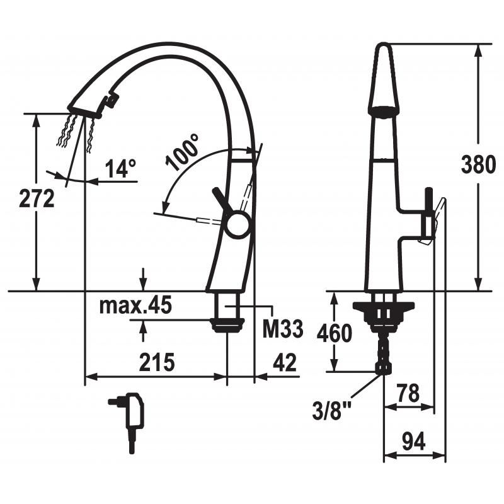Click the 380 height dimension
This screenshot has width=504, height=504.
pos(478,164)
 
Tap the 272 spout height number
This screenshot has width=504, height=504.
pos(37,198)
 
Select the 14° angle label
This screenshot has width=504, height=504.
pos(120,168)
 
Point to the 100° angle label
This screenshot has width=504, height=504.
pos(182,152)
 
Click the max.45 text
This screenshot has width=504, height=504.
pos(135,306)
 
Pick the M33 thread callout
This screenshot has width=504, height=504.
pos(283,328)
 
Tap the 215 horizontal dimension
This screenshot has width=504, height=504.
pos(157,362)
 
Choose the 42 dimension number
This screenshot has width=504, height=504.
pos(285,362)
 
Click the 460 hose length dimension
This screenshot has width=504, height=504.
pos(335,333)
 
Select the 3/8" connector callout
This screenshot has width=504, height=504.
pos(332,410)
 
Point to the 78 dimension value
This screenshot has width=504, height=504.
pos(408,392)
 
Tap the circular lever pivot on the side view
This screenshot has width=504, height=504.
pos(238,224)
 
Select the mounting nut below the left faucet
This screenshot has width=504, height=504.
pos(227,324)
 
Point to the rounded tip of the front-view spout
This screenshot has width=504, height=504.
pos(384,45)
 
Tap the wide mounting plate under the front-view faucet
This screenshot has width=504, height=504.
pos(384,307)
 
